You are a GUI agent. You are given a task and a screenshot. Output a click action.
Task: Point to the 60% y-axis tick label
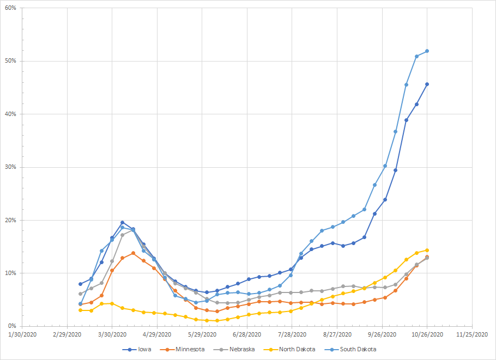coord(10,8)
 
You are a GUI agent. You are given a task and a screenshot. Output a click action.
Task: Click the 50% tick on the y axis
coord(10,61)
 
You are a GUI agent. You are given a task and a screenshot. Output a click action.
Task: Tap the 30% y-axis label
coord(10,167)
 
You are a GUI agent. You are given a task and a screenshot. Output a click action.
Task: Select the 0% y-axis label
coord(11,326)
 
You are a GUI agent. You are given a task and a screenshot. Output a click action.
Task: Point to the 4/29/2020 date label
coord(158,334)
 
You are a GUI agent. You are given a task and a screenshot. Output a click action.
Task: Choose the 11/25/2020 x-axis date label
coord(472,334)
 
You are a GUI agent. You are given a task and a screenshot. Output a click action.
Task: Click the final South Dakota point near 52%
coord(427,51)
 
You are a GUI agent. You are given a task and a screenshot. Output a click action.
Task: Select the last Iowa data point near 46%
coord(427,84)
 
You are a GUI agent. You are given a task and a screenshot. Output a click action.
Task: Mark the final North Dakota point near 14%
coord(427,250)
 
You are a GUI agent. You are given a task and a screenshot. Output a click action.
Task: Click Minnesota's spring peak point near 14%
coord(133,253)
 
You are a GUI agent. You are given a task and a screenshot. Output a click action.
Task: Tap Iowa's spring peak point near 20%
coord(122,222)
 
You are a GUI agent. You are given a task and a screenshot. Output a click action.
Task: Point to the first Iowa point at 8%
coord(80,284)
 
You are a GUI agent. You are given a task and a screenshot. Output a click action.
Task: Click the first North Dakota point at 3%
coord(80,310)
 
